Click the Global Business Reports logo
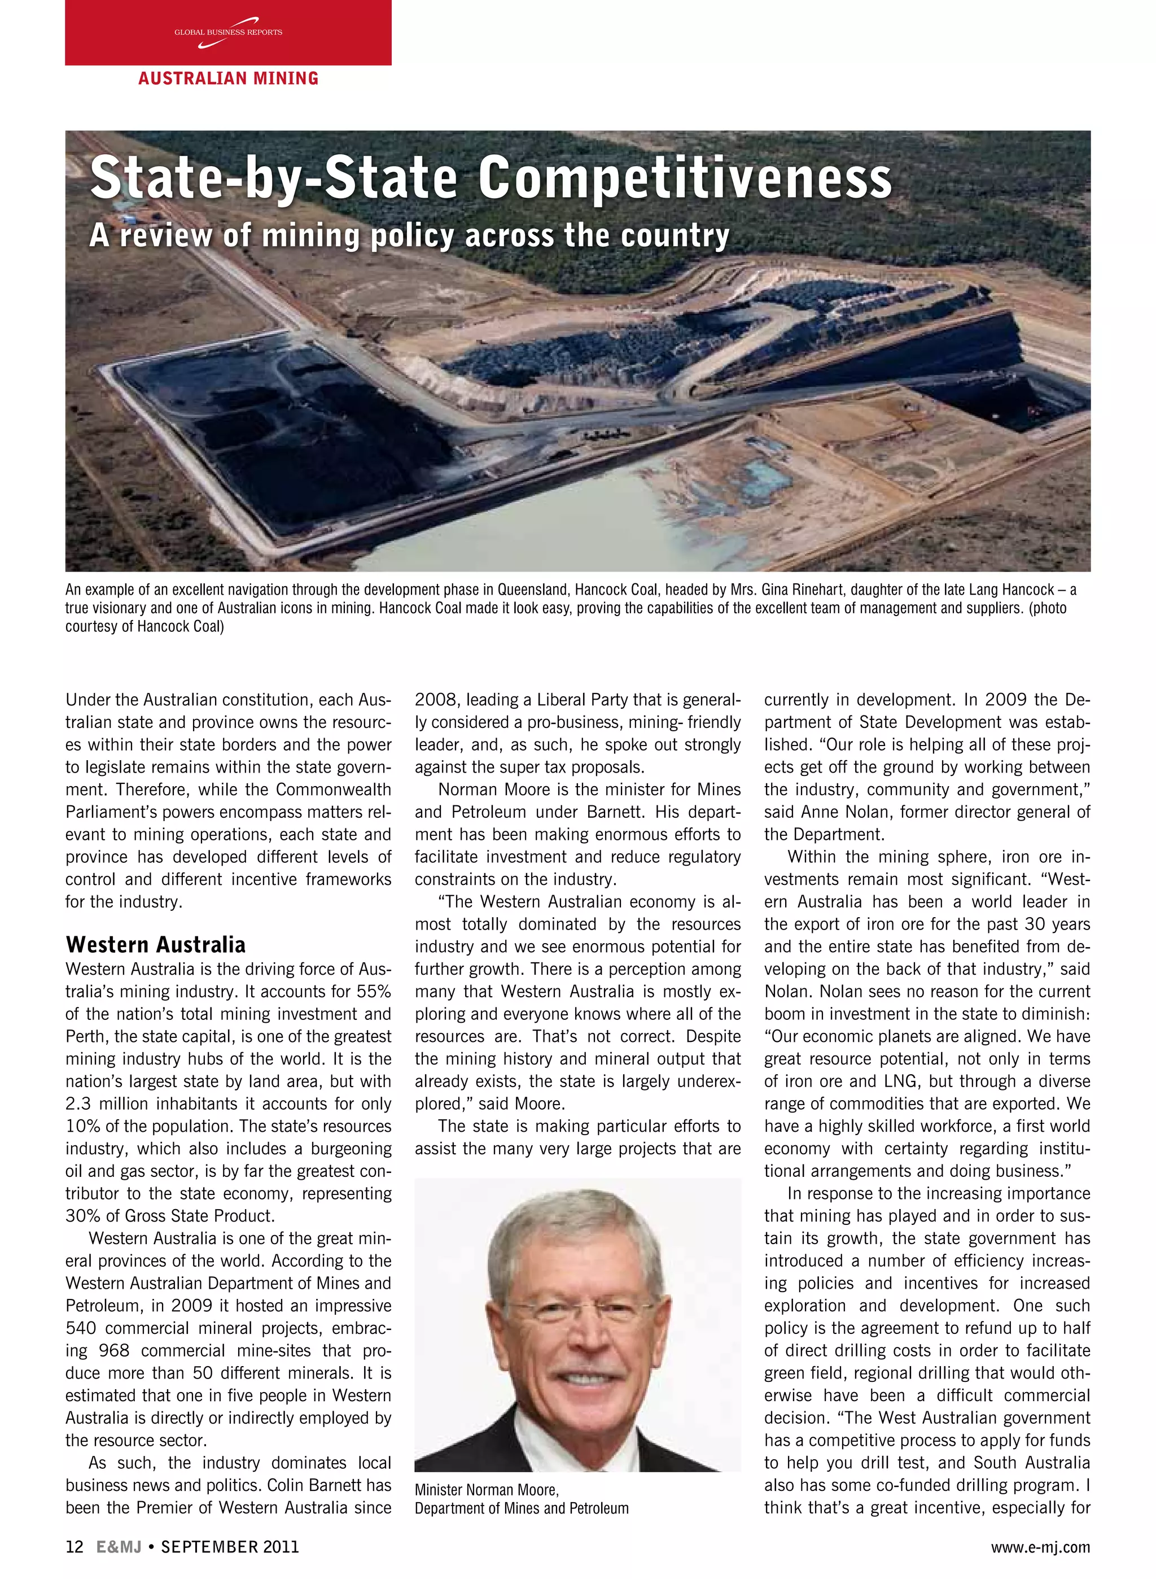(228, 33)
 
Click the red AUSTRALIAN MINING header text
(228, 78)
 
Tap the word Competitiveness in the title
(685, 178)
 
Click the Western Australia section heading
(155, 944)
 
